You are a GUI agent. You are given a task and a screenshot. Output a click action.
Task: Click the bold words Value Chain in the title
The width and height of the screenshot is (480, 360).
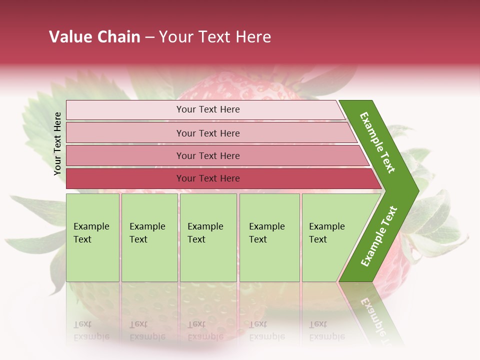[94, 37]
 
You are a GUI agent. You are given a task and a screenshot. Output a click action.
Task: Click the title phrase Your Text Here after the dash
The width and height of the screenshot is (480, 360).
[215, 37]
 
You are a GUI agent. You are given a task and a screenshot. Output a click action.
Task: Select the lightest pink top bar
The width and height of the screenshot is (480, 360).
[125, 110]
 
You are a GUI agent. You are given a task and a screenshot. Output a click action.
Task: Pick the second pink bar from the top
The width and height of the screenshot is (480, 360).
[125, 133]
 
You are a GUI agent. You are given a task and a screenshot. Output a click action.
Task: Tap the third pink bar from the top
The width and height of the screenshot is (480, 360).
[125, 156]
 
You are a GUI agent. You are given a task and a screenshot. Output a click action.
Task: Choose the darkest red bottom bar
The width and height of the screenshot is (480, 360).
[125, 178]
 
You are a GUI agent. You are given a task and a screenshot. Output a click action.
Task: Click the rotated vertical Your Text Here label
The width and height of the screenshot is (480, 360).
[57, 143]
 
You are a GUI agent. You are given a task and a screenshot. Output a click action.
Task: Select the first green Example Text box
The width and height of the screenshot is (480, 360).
[92, 250]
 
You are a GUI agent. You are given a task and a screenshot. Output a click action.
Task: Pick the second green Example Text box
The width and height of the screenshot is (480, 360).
[149, 250]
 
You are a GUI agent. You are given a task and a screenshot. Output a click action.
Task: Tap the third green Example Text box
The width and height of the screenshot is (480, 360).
[208, 250]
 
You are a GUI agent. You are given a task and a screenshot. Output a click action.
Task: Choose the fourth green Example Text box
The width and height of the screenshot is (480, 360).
[269, 250]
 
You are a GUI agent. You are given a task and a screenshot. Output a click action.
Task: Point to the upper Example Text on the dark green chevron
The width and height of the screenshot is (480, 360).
[377, 142]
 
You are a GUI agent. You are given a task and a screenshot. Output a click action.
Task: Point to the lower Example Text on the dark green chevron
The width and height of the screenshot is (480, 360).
[379, 236]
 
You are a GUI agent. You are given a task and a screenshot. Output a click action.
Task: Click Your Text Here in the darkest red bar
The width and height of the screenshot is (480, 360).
[208, 178]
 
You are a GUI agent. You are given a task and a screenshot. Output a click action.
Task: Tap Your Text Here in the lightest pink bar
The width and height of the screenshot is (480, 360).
[208, 109]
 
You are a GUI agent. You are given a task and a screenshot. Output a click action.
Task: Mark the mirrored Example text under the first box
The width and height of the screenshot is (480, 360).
[91, 336]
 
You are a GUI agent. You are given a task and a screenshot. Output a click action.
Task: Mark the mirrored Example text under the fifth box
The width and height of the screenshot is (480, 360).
[327, 336]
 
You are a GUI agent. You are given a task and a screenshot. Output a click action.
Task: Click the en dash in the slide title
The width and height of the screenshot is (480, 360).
[149, 37]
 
